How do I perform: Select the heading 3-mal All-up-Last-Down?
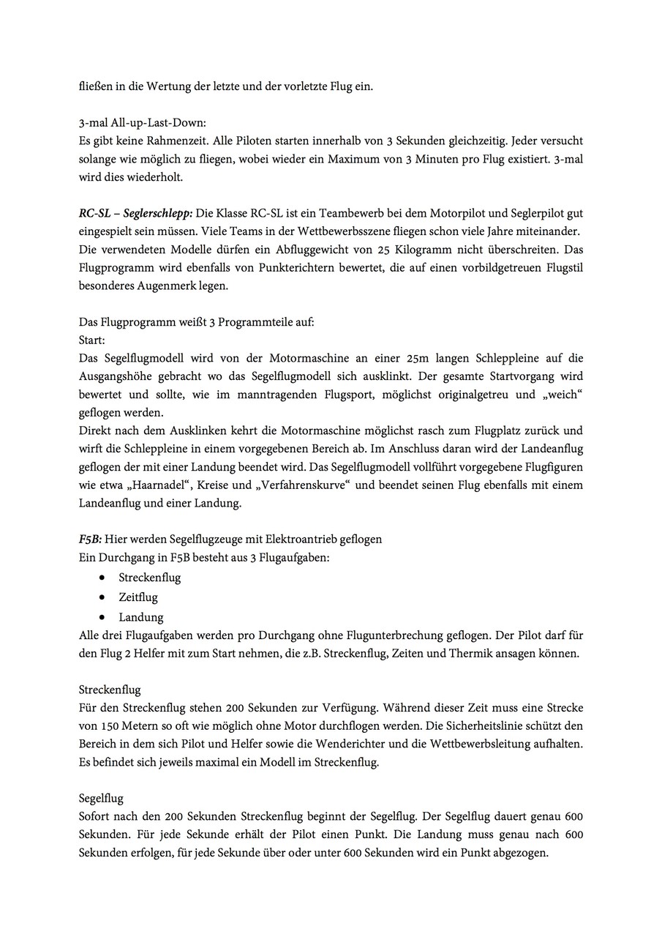tap(138, 122)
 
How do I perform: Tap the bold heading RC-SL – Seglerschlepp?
tap(135, 212)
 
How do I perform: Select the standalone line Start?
tap(91, 340)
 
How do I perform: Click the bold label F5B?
tap(90, 539)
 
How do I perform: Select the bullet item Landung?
tap(141, 617)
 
